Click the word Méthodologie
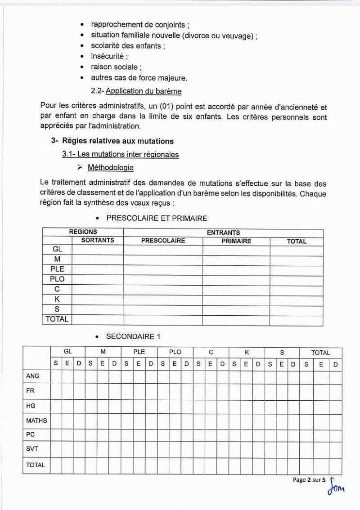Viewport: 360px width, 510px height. click(x=110, y=168)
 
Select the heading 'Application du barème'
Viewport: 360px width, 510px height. click(x=144, y=91)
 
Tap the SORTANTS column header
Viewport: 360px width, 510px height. click(x=98, y=241)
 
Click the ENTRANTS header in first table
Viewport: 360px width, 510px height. click(x=223, y=233)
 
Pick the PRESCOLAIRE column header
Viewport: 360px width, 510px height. click(x=163, y=241)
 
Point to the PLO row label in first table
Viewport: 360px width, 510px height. click(x=57, y=279)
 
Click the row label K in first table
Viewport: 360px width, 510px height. click(x=57, y=299)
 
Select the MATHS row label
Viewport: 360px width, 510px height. click(x=36, y=421)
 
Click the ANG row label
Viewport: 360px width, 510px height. click(x=33, y=376)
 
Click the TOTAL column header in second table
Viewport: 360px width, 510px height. click(x=320, y=353)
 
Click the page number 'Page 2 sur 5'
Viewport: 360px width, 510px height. click(x=309, y=480)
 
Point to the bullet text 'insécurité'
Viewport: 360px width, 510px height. click(x=108, y=56)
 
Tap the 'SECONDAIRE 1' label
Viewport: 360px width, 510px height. click(x=133, y=336)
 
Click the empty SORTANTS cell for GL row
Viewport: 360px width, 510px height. click(x=98, y=250)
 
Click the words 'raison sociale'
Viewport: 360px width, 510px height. click(x=114, y=67)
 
